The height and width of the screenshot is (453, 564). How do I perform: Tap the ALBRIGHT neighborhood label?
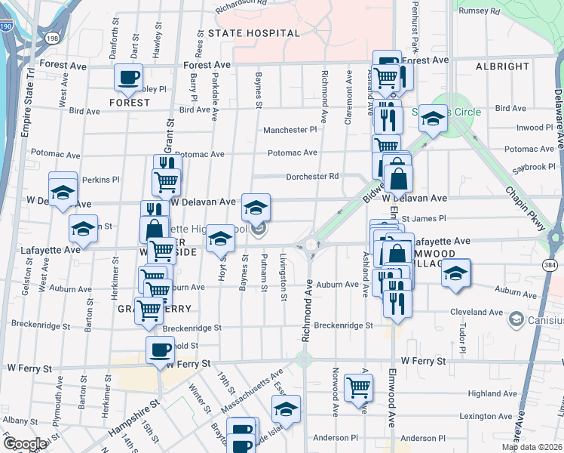coord(502,66)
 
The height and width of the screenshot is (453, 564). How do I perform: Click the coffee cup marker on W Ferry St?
coord(160,350)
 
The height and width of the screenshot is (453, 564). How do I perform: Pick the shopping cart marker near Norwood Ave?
coord(358,387)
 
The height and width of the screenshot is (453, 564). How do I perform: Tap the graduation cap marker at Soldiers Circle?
coord(433,118)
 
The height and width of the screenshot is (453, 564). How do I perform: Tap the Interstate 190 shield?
coord(5,27)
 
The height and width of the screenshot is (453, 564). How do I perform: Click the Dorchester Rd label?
coord(311,177)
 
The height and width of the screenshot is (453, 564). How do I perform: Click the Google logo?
coord(24,444)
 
